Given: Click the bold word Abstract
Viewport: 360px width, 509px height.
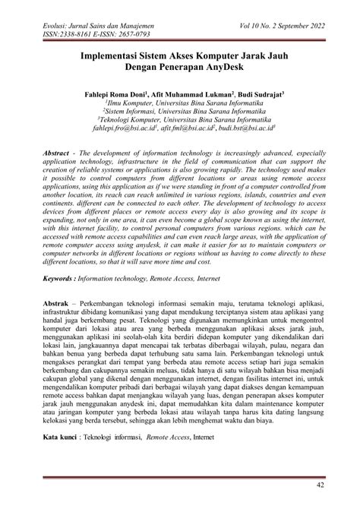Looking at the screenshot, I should pos(58,153).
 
